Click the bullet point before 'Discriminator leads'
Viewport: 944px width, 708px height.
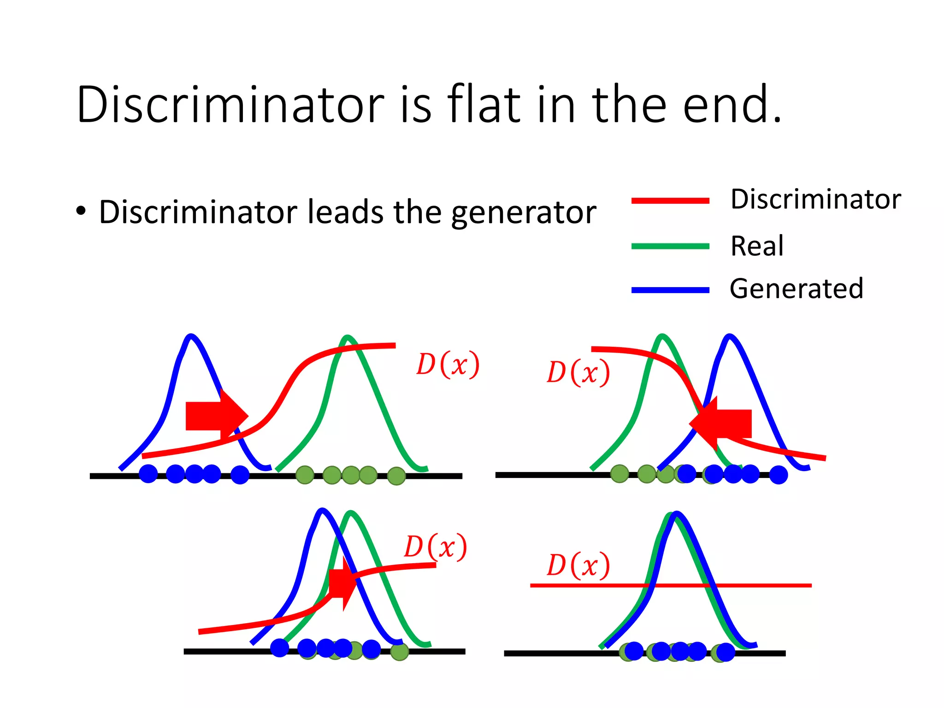click(x=81, y=211)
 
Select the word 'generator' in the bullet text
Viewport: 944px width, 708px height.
click(x=524, y=212)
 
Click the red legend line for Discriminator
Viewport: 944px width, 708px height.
click(x=670, y=201)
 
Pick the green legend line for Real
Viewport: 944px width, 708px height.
click(x=670, y=246)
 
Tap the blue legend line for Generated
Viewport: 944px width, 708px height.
click(x=670, y=290)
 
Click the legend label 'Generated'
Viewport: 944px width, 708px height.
click(x=796, y=289)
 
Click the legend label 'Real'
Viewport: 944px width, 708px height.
click(x=757, y=246)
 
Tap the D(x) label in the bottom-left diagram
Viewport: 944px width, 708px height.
click(x=436, y=547)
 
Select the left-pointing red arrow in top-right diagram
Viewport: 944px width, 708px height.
click(x=721, y=423)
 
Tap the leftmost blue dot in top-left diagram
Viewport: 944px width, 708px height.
click(x=148, y=474)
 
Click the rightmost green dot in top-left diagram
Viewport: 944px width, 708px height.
click(x=396, y=476)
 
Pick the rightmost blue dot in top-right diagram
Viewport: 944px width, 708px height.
click(x=779, y=475)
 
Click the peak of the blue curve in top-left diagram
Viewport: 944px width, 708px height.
click(x=191, y=336)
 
